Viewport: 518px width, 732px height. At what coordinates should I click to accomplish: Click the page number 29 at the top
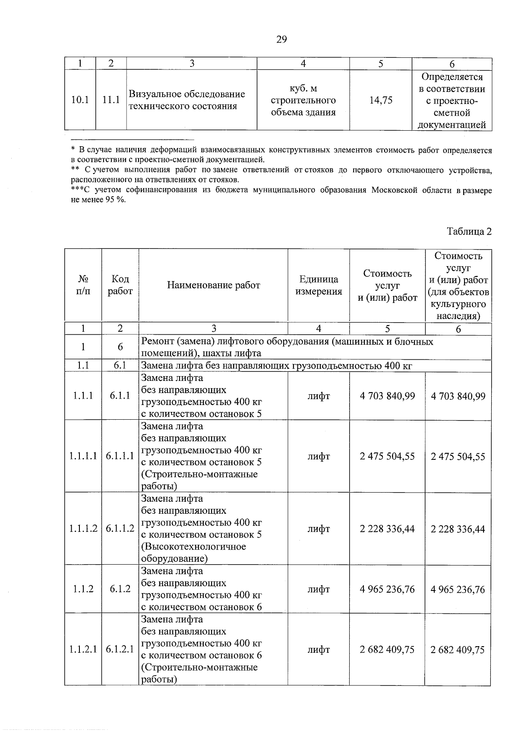[x=281, y=40]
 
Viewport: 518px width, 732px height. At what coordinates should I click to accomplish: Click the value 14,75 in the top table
[x=381, y=101]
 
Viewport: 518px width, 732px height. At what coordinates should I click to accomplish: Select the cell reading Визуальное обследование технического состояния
[x=187, y=100]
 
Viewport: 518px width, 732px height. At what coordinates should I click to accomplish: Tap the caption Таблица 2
[x=469, y=231]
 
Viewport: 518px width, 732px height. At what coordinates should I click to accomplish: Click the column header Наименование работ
[x=214, y=285]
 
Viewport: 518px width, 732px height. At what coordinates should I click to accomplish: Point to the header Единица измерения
[x=319, y=285]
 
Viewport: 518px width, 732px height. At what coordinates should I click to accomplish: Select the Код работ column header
[x=120, y=285]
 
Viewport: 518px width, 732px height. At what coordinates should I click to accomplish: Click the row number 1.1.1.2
[x=83, y=529]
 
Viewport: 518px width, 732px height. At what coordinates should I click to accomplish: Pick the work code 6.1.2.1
[x=120, y=650]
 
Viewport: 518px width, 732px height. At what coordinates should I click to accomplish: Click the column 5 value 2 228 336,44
[x=387, y=529]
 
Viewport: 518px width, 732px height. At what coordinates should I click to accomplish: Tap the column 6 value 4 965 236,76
[x=458, y=589]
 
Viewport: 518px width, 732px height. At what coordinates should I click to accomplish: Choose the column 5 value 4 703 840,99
[x=387, y=396]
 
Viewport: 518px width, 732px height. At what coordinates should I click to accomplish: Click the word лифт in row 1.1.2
[x=319, y=589]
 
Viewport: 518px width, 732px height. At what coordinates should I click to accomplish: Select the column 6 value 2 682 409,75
[x=458, y=650]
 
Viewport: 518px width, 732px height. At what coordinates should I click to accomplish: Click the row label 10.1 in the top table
[x=80, y=101]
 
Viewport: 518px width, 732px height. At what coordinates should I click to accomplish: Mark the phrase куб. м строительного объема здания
[x=303, y=101]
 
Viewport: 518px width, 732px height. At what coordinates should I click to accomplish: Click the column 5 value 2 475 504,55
[x=387, y=456]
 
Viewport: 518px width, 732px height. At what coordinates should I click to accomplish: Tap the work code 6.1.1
[x=120, y=396]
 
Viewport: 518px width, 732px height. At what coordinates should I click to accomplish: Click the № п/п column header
[x=83, y=285]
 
